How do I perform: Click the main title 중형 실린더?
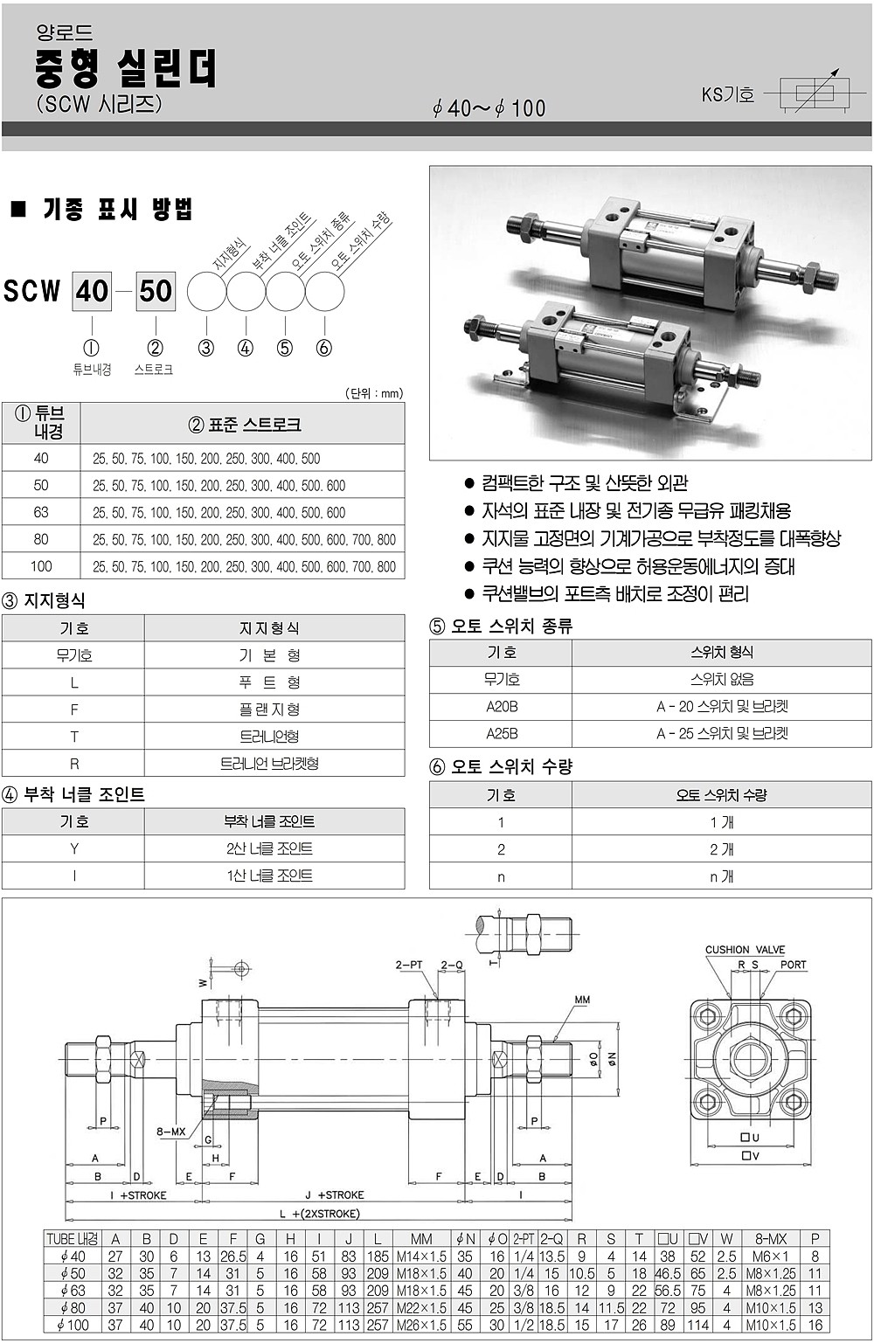tap(126, 67)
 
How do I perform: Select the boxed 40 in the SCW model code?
tap(92, 290)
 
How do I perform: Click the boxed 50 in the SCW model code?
tap(156, 290)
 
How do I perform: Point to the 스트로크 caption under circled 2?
tap(154, 370)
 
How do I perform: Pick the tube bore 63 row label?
tap(41, 512)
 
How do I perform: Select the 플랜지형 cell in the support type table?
tap(269, 710)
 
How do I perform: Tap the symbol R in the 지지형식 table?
tap(74, 764)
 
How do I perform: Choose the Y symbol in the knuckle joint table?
tap(74, 848)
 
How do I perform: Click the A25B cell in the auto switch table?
tap(502, 733)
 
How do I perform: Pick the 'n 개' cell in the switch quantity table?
tap(721, 876)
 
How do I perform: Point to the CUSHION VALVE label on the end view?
tap(745, 950)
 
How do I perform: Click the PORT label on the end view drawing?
tap(793, 965)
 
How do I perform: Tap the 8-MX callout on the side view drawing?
tap(171, 1132)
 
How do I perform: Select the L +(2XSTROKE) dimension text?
tap(320, 1214)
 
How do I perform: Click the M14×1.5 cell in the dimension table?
tap(421, 1256)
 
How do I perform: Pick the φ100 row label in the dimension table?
tap(73, 1325)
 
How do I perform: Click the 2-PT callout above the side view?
tap(409, 965)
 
